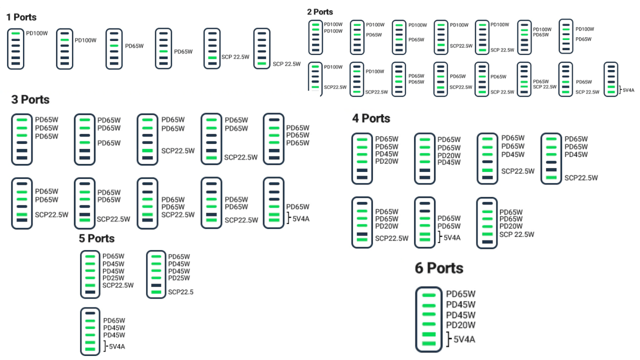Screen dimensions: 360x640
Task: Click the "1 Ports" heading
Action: pos(21,17)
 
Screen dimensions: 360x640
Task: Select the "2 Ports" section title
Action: pos(320,12)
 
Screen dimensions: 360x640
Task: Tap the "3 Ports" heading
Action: pos(30,100)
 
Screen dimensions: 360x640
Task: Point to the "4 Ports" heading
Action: pos(371,118)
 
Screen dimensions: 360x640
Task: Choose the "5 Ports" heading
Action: pos(96,238)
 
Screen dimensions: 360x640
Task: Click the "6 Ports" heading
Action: pos(439,268)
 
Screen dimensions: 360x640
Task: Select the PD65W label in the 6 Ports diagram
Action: pos(460,294)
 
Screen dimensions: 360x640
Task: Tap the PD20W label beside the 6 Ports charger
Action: pos(460,325)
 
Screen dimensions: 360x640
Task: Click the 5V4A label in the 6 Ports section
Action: pos(464,340)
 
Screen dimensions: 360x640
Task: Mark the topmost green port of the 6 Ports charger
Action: pos(428,295)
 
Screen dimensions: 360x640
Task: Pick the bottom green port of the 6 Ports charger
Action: pos(428,343)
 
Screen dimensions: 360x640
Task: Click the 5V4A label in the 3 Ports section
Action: pos(300,218)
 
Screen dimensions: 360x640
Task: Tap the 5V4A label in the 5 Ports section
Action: pos(116,346)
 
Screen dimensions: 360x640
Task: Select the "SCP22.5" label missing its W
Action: pos(180,292)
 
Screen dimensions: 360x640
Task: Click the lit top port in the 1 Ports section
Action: pos(15,33)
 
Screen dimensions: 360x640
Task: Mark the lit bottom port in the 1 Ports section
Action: pos(262,63)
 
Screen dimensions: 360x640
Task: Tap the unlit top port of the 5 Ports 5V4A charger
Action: pos(90,313)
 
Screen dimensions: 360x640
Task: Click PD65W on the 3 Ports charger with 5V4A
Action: pos(297,207)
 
